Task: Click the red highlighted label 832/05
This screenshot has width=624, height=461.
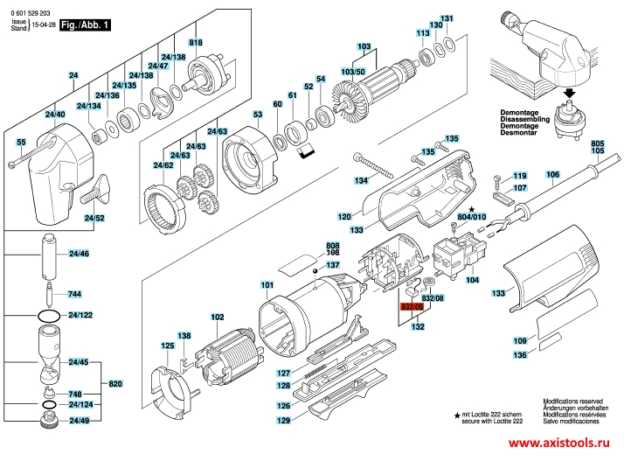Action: point(411,307)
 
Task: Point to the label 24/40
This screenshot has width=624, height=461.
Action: point(55,115)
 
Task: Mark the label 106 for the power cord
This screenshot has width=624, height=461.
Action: point(552,175)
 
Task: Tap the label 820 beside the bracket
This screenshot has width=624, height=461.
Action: point(115,384)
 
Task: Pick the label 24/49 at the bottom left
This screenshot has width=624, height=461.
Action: point(79,422)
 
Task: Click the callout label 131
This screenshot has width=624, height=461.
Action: point(447,18)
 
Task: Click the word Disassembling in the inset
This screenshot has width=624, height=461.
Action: point(524,120)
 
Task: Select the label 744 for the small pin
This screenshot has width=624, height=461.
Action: point(74,294)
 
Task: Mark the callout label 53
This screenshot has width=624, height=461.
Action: point(258,115)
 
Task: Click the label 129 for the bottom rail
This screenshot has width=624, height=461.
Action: point(284,421)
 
